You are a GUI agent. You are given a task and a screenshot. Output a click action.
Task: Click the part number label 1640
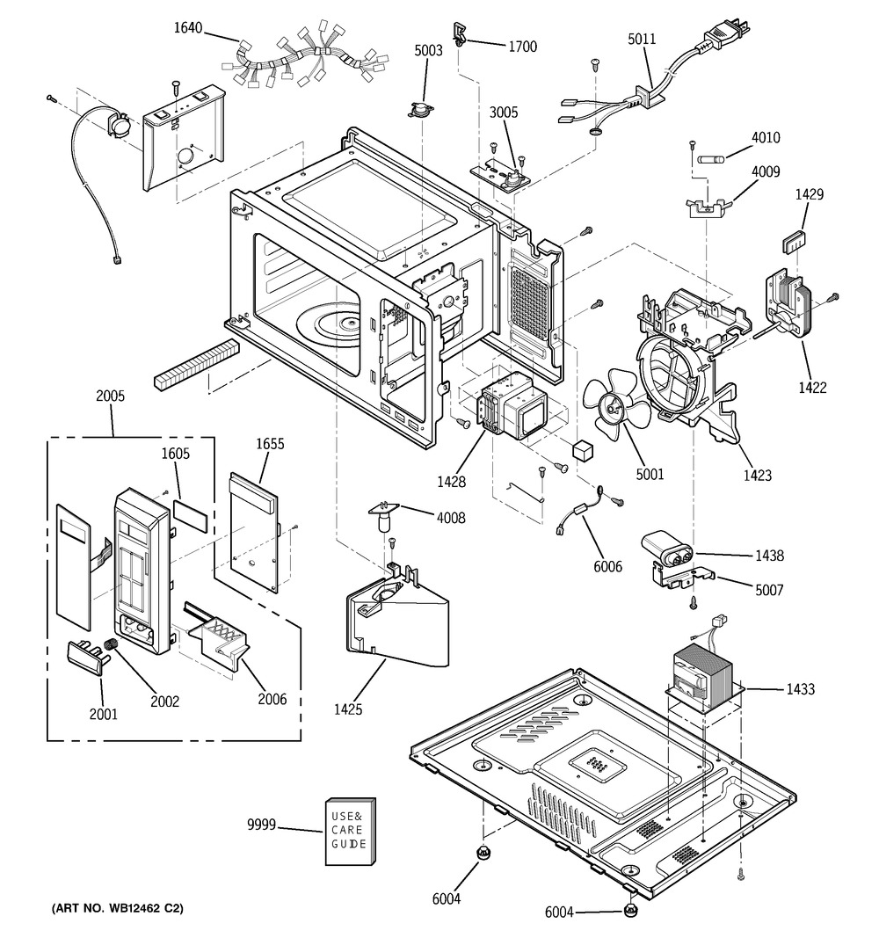pyautogui.click(x=188, y=28)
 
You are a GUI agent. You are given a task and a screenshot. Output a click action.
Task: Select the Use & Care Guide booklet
pyautogui.click(x=349, y=831)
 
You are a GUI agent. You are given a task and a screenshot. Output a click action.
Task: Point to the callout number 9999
pyautogui.click(x=262, y=825)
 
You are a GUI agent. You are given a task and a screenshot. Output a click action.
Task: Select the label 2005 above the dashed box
pyautogui.click(x=111, y=396)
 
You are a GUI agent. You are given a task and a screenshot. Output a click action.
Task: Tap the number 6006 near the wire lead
pyautogui.click(x=607, y=567)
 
